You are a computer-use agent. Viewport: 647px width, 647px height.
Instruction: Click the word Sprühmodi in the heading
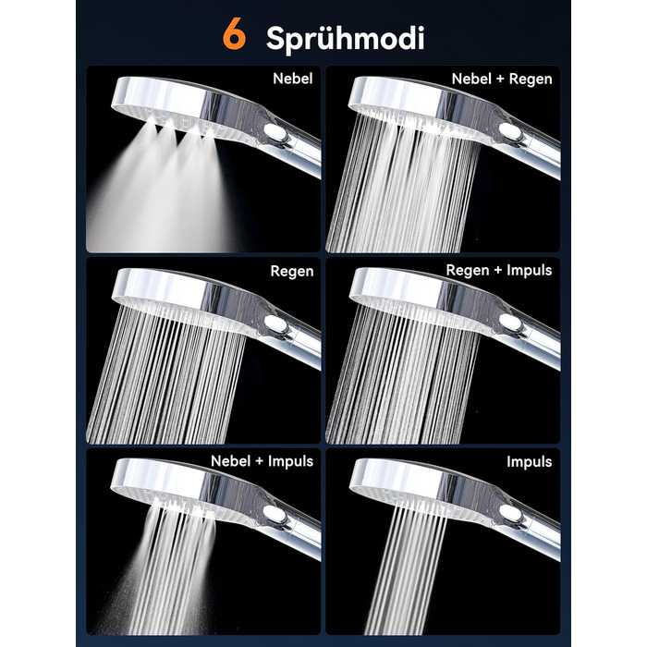click(x=345, y=39)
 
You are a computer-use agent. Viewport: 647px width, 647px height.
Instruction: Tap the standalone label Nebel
click(x=293, y=79)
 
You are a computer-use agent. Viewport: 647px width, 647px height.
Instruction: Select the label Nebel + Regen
click(x=502, y=79)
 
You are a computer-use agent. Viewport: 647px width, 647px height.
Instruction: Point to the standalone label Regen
click(x=292, y=272)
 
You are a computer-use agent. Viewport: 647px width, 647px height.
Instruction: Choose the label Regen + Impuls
click(x=499, y=270)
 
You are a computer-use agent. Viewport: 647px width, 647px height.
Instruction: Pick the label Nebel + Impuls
click(x=262, y=461)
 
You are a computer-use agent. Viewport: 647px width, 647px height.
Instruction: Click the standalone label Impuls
click(x=530, y=462)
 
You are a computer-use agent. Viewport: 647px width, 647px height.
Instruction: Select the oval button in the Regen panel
click(x=275, y=323)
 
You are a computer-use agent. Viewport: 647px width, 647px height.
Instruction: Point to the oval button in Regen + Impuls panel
click(x=511, y=323)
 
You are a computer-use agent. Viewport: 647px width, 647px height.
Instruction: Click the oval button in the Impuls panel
click(x=511, y=514)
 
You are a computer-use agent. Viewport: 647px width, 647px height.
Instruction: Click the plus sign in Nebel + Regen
click(x=501, y=79)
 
